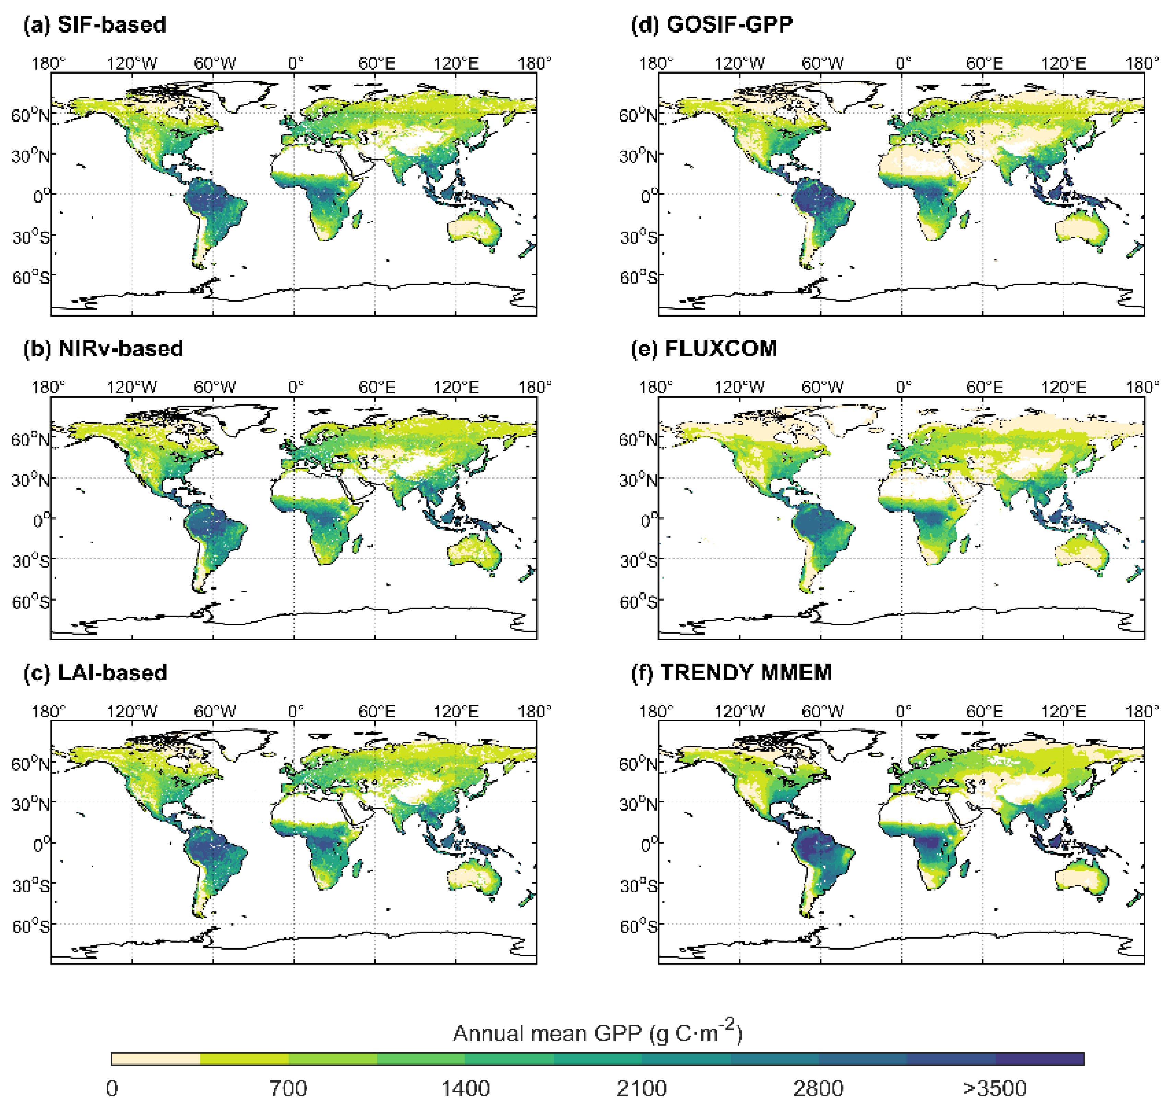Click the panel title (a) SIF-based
point(94,25)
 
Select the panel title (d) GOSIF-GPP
point(712,25)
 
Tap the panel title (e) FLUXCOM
point(704,349)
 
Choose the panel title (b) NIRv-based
point(103,349)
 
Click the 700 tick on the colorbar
point(288,1088)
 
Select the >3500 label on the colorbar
point(995,1088)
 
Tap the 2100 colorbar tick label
point(642,1088)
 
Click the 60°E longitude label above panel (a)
point(377,63)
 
